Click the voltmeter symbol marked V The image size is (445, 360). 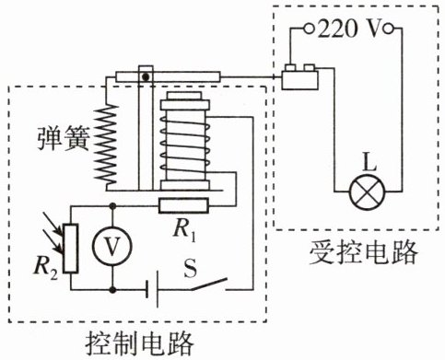pyautogui.click(x=112, y=246)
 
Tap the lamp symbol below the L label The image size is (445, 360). pyautogui.click(x=367, y=192)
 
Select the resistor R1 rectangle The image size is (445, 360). pyautogui.click(x=183, y=205)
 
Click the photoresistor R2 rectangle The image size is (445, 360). pyautogui.click(x=71, y=249)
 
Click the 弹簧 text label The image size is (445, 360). pyautogui.click(x=64, y=138)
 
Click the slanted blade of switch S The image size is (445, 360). pyautogui.click(x=209, y=285)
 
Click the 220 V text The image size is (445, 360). pyautogui.click(x=349, y=29)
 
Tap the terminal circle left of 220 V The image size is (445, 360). pyautogui.click(x=310, y=29)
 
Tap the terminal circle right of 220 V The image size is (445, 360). pyautogui.click(x=389, y=29)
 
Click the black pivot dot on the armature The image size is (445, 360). pyautogui.click(x=146, y=76)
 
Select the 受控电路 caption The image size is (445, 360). pyautogui.click(x=364, y=252)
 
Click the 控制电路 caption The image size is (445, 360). pyautogui.click(x=140, y=343)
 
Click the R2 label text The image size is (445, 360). pyautogui.click(x=46, y=267)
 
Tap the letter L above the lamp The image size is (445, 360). pyautogui.click(x=369, y=162)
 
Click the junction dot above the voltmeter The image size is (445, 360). pyautogui.click(x=113, y=206)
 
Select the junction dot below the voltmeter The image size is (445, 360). pyautogui.click(x=113, y=289)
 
